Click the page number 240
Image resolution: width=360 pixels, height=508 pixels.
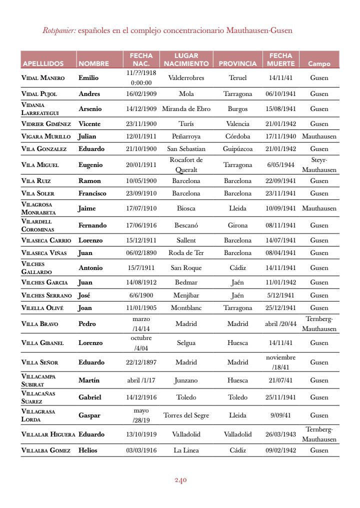pos(180,480)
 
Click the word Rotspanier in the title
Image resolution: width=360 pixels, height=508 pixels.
pos(59,30)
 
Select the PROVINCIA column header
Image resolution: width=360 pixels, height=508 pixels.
pos(237,63)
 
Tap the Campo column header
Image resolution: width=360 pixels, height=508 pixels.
pos(319,63)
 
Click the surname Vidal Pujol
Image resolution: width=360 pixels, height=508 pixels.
pos(39,94)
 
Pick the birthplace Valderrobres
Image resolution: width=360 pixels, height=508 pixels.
pos(186,78)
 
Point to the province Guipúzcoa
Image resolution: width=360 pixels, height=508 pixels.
pos(237,148)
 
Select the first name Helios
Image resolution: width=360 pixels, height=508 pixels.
pos(88,450)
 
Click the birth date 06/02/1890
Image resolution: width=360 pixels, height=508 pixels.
pos(141,252)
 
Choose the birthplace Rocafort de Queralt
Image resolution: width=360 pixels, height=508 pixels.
pos(186,164)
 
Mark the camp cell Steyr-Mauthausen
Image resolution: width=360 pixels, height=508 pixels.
pos(319,164)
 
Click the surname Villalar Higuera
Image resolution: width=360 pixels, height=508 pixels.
pos(48,434)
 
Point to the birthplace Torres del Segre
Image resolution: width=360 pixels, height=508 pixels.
pos(186,415)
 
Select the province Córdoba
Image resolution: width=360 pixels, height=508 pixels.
pos(237,136)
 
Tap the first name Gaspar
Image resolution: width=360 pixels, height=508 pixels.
pos(89,415)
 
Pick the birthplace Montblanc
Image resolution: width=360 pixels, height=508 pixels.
pos(186,307)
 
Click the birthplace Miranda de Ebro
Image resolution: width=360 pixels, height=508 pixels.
pos(186,108)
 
